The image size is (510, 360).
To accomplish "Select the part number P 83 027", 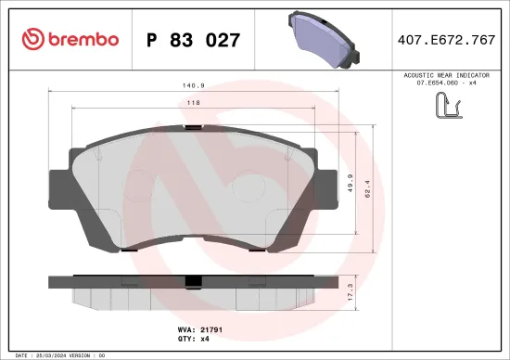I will point(194,40).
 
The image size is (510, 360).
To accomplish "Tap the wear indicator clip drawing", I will point(448,108).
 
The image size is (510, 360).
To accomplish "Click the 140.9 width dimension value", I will point(193,84).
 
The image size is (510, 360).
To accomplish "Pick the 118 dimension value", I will point(193,104).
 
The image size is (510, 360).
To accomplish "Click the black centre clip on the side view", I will point(193,282).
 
